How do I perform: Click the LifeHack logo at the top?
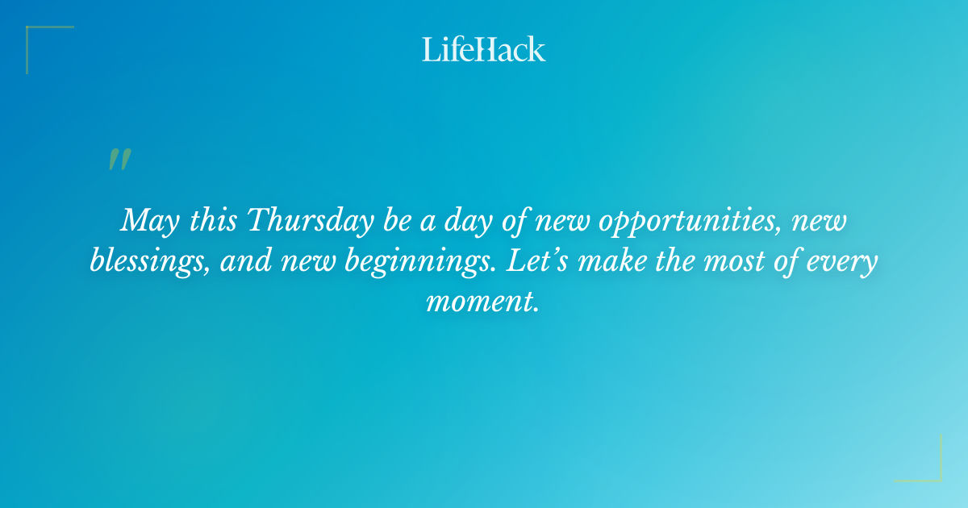(x=484, y=49)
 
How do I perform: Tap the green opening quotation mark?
(x=119, y=160)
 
